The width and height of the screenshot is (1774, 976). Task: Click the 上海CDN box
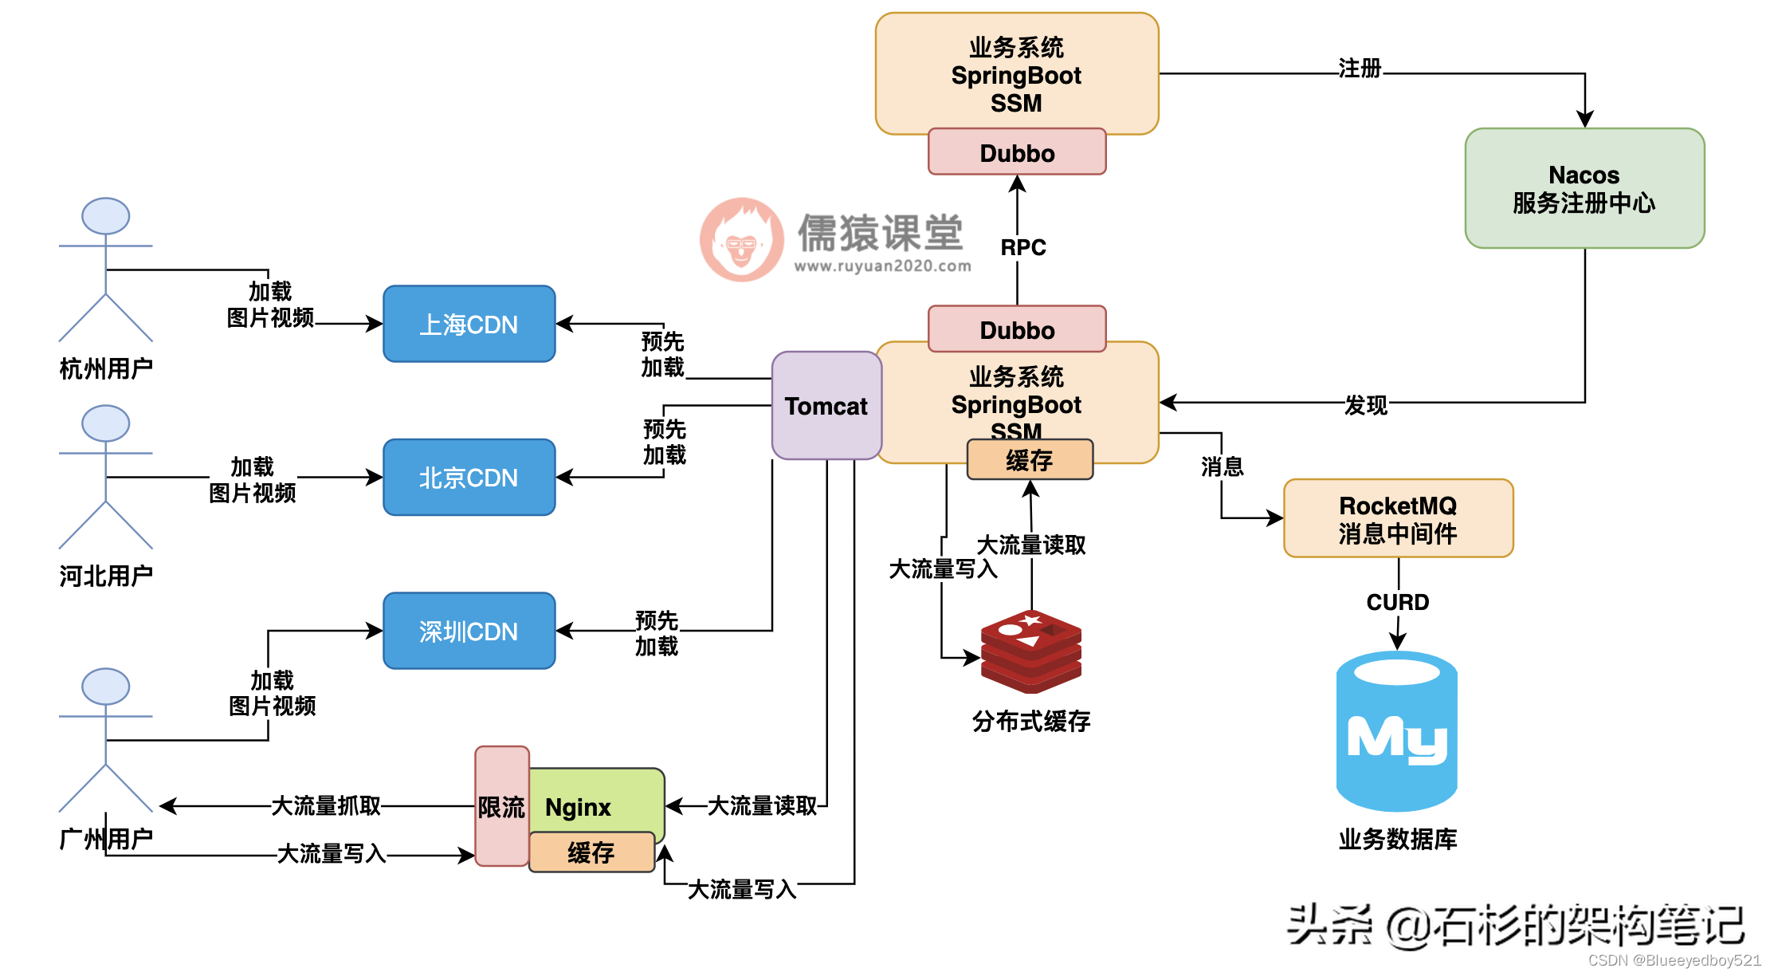(469, 324)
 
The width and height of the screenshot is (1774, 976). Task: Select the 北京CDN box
(469, 477)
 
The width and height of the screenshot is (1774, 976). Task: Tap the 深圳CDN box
(469, 631)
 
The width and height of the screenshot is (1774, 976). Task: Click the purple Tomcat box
(826, 406)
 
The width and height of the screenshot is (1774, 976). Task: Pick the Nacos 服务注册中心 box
(1584, 189)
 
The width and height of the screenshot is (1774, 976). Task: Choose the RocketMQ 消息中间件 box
(1398, 518)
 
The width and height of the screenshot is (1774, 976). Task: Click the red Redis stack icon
(1030, 651)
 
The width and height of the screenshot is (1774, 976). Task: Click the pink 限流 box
(501, 806)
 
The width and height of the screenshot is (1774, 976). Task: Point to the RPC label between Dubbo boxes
(1022, 247)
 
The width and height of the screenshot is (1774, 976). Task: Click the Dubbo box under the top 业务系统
(1017, 152)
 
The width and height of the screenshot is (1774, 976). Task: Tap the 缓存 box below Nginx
(591, 852)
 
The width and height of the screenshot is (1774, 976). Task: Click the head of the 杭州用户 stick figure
(106, 216)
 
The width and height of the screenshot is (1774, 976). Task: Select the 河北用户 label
(106, 576)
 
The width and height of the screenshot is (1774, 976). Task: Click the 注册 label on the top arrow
(1360, 69)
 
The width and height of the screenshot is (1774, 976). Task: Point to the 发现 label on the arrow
(1365, 405)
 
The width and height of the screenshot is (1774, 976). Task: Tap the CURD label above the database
(1398, 602)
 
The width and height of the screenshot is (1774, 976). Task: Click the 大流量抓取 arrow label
(326, 805)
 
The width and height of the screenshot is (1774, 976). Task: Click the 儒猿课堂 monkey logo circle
(741, 239)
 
